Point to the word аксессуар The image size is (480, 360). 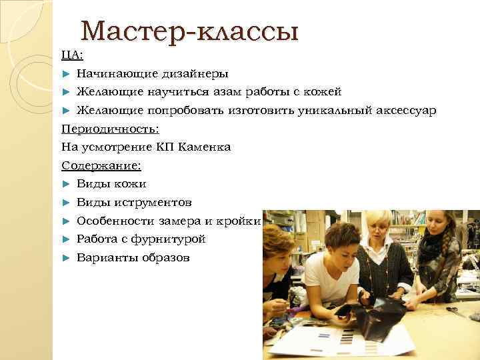tap(406, 110)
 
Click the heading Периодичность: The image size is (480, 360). tap(114, 128)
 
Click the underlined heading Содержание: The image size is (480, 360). tap(101, 165)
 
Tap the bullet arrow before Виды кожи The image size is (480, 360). tap(65, 183)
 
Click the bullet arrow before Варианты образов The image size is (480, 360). tap(65, 257)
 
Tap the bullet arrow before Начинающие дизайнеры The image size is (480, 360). tap(65, 73)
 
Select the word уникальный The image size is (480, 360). tap(333, 110)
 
